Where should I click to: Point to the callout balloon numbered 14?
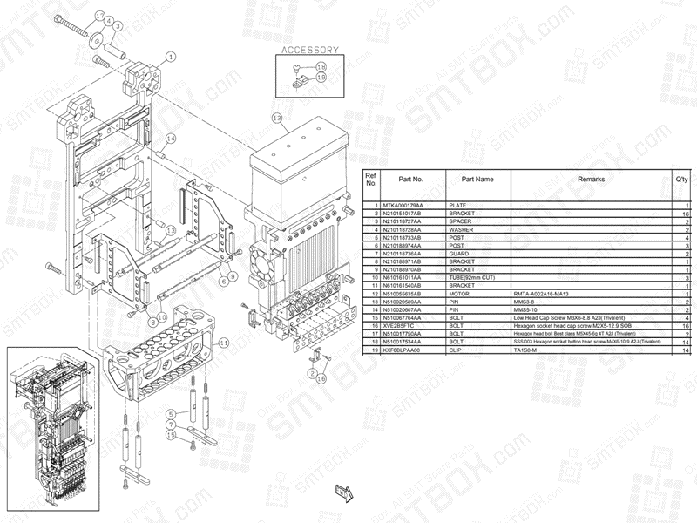(171, 139)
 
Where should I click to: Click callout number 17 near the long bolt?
(99, 16)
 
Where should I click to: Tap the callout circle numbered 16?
(321, 378)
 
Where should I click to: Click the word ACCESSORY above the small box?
(304, 51)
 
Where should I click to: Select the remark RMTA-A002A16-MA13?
(544, 294)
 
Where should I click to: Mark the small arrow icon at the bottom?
(342, 494)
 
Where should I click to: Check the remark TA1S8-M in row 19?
(528, 350)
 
